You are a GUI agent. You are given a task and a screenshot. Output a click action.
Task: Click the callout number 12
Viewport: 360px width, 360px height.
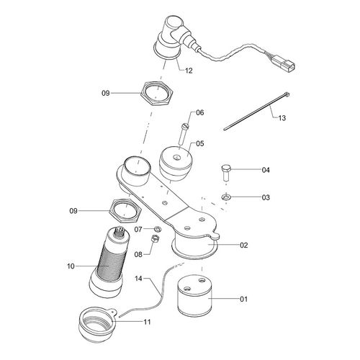pos(189,71)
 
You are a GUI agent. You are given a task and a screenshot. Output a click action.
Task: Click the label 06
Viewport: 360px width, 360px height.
pos(199,112)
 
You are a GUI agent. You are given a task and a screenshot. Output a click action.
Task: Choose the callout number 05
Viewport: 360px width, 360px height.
pos(199,143)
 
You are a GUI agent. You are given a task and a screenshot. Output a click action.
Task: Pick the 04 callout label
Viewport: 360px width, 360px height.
pos(245,171)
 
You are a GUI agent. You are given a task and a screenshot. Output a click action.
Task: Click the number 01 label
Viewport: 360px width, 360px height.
pos(243,297)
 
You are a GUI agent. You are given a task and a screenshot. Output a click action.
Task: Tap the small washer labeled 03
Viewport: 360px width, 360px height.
pos(225,196)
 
